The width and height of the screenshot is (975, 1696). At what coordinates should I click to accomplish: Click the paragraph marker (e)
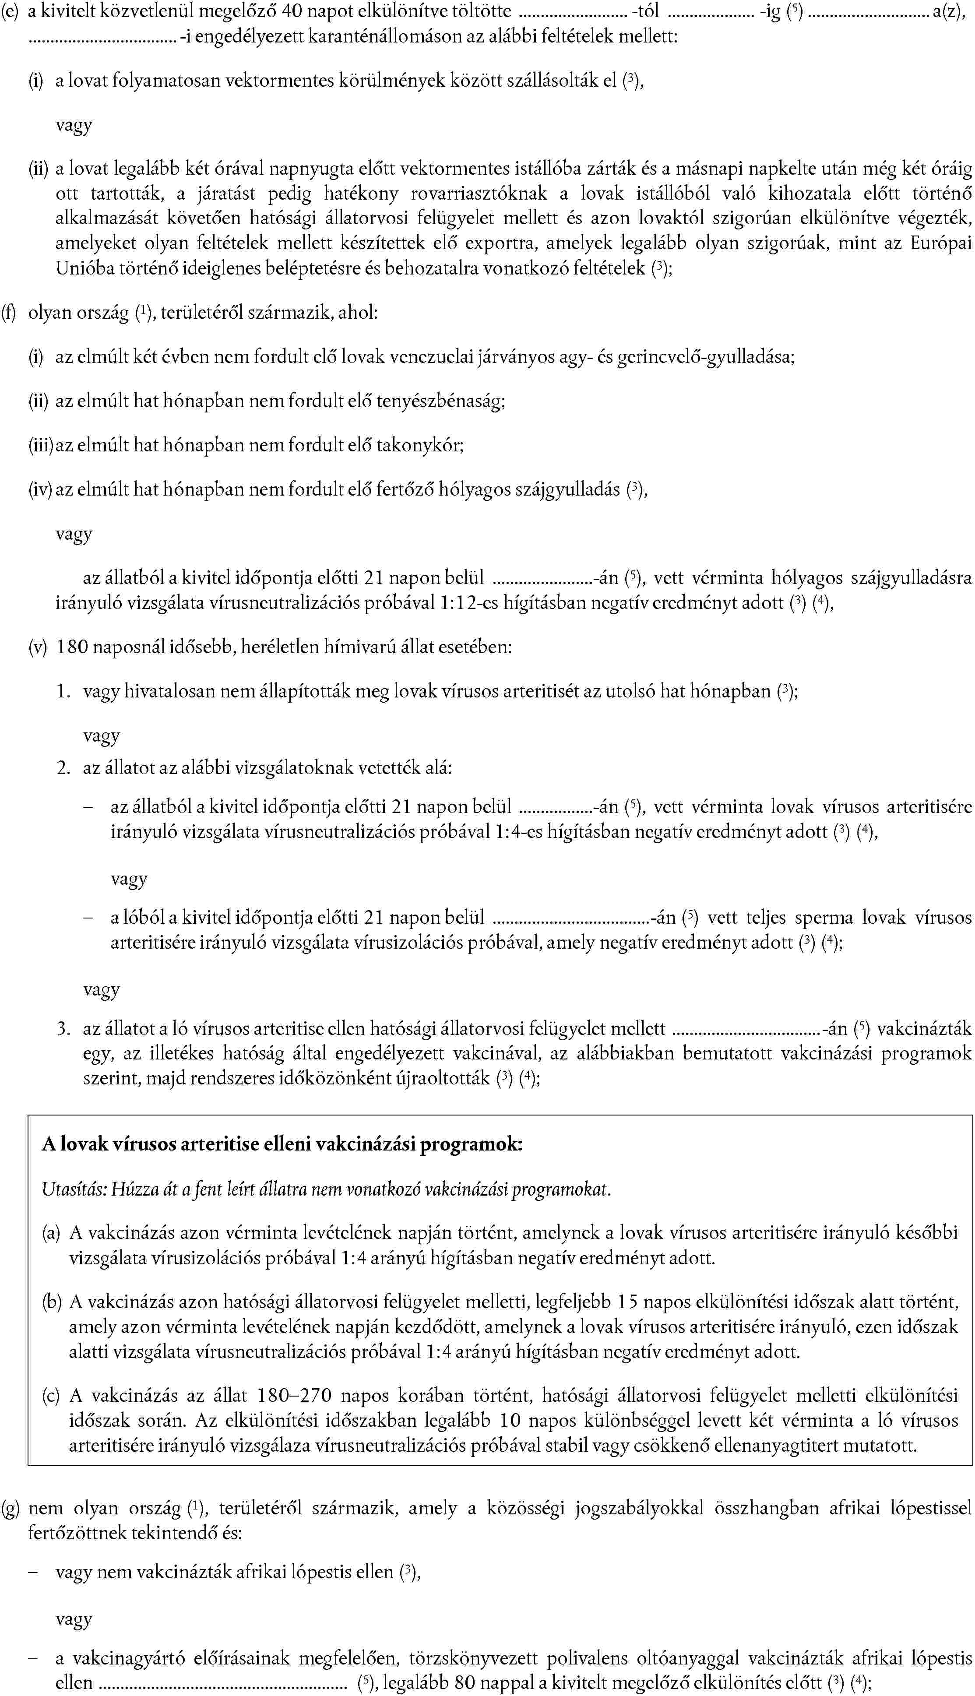[x=9, y=11]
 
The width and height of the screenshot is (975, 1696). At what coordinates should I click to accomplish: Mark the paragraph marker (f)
[x=9, y=313]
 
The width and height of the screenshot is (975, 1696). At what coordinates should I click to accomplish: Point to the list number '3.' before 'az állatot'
[x=63, y=1028]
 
